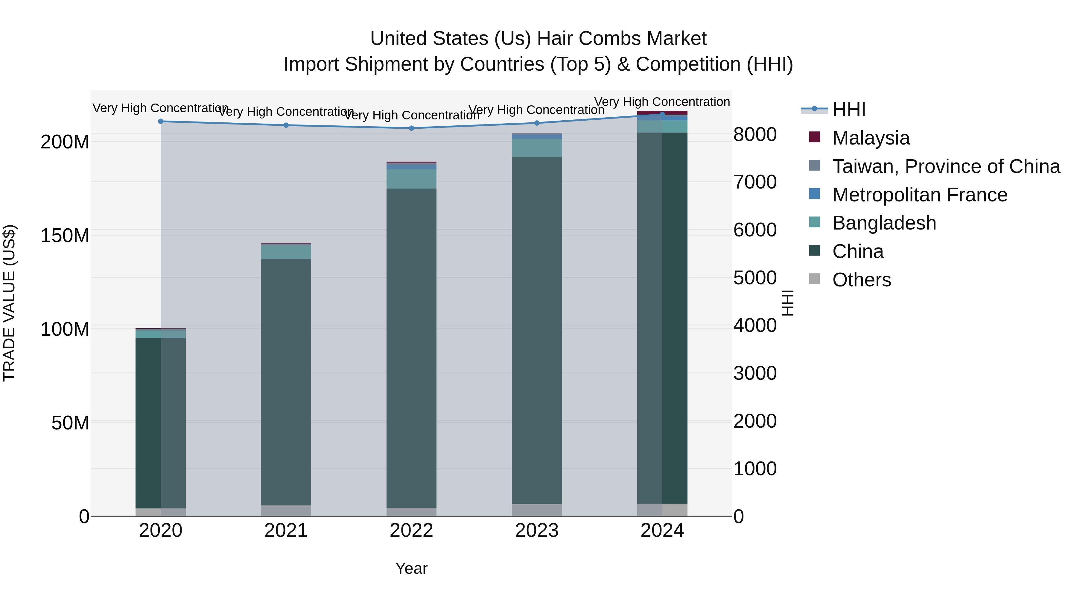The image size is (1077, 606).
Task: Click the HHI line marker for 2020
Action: pyautogui.click(x=161, y=121)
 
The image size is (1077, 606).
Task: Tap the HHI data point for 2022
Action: pyautogui.click(x=411, y=128)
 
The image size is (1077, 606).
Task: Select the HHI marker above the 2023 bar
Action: pyautogui.click(x=537, y=123)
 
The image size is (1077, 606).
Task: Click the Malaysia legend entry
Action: pyautogui.click(x=871, y=138)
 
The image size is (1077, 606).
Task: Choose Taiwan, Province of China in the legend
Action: pyautogui.click(x=946, y=166)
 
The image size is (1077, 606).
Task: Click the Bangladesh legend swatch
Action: pyautogui.click(x=814, y=222)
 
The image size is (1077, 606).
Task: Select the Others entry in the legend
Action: pyautogui.click(x=861, y=280)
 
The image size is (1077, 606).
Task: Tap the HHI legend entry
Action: pyautogui.click(x=848, y=110)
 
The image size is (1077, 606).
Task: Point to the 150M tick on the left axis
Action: pyautogui.click(x=65, y=236)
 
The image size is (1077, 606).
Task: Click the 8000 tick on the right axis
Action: pyautogui.click(x=755, y=135)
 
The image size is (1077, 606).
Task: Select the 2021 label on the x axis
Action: pyautogui.click(x=286, y=531)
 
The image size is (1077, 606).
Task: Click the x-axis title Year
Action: pyautogui.click(x=411, y=568)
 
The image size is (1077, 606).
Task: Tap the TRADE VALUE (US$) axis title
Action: pyautogui.click(x=10, y=303)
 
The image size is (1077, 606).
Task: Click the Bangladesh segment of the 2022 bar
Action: pyautogui.click(x=411, y=179)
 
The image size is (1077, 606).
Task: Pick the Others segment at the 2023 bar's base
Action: pyautogui.click(x=537, y=510)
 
